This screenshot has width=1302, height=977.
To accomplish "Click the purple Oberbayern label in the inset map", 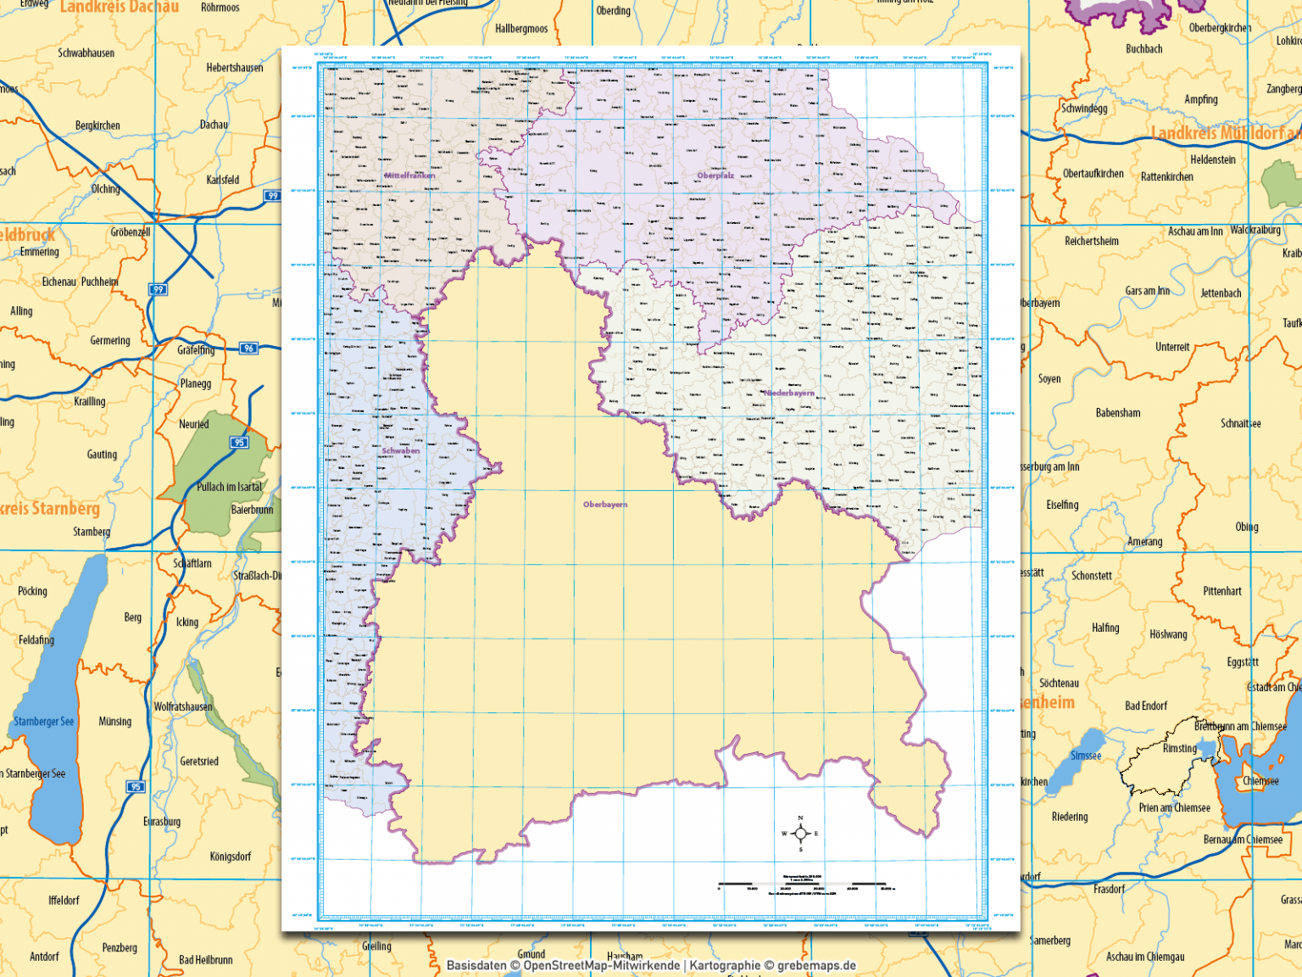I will pos(605,505).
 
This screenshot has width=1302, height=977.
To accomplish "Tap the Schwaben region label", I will pos(401,451).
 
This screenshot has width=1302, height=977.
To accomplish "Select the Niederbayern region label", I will pos(789,394).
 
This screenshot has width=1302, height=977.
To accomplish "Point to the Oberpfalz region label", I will pos(715,176).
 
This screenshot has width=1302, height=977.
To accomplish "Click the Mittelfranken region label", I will pos(409,176).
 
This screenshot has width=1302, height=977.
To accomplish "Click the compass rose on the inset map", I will pos(800,834).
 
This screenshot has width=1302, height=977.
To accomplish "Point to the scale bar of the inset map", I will pos(802,885).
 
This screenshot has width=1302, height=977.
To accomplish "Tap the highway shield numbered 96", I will pos(248,349).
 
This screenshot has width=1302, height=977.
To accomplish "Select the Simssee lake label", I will pos(1086,756).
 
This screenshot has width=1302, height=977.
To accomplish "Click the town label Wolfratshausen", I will pos(183,707).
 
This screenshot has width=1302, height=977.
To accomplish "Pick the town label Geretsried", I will pos(199,762).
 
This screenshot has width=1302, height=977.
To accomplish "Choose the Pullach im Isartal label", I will pos(230,487).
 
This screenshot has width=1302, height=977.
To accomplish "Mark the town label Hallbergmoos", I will pos(521,29).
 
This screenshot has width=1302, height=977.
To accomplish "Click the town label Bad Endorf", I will pos(1146,706).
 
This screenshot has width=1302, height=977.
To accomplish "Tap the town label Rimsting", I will pos(1180,749).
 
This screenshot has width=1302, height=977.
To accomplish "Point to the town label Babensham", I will pos(1118,413).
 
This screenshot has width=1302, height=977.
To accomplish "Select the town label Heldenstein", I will pos(1213,159).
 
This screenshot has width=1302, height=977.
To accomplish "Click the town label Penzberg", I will pos(120,948).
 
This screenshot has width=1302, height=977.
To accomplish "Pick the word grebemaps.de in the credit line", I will pos(816,965).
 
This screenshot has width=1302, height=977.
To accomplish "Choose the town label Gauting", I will pos(102,455).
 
